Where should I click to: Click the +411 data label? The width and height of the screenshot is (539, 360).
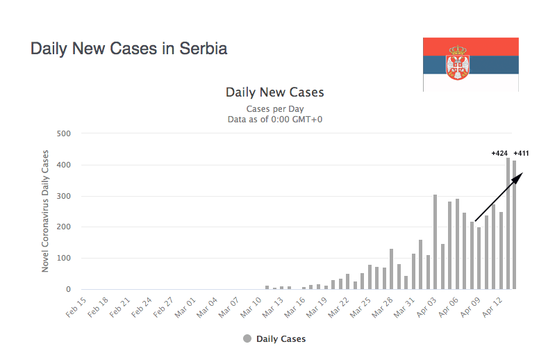[x=522, y=153]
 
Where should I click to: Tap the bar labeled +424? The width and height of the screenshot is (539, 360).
[x=508, y=222]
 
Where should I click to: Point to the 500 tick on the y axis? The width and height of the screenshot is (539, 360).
[x=65, y=133]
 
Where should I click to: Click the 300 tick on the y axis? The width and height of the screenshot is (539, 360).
[x=65, y=196]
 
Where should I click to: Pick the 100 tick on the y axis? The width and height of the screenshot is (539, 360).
[x=65, y=258]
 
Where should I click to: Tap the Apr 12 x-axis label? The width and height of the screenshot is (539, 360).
[x=492, y=306]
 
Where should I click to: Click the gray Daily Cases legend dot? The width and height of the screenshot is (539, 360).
[x=247, y=339]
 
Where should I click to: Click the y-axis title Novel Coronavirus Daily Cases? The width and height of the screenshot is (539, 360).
[x=46, y=210]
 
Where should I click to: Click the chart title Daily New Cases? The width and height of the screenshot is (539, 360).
[x=274, y=92]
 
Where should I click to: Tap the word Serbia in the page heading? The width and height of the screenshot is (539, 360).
[x=204, y=49]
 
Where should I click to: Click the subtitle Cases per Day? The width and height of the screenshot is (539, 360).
[x=274, y=108]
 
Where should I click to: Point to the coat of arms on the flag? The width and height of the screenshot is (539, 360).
[x=458, y=63]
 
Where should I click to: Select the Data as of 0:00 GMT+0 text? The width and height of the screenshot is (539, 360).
[x=274, y=119]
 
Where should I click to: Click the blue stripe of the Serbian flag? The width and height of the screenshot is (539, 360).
[x=493, y=64]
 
